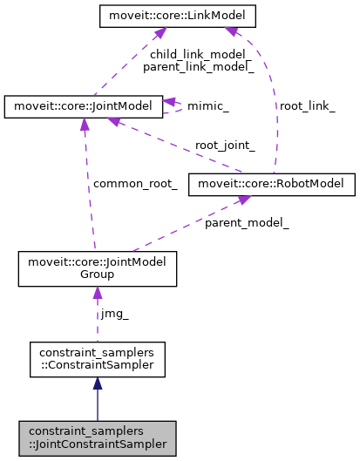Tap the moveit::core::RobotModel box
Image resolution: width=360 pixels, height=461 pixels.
coord(275,184)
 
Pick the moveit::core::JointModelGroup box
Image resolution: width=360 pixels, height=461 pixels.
coord(97,268)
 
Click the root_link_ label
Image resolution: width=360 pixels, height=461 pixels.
coord(306,105)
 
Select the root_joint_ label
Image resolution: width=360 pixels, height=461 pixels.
coord(225,146)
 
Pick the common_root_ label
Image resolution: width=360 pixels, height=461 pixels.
coord(135,184)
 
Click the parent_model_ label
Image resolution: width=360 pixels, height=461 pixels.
coord(247,223)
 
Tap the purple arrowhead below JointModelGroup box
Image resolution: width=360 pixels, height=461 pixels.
coord(97,294)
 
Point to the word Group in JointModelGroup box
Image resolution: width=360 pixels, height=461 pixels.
coord(97,275)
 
